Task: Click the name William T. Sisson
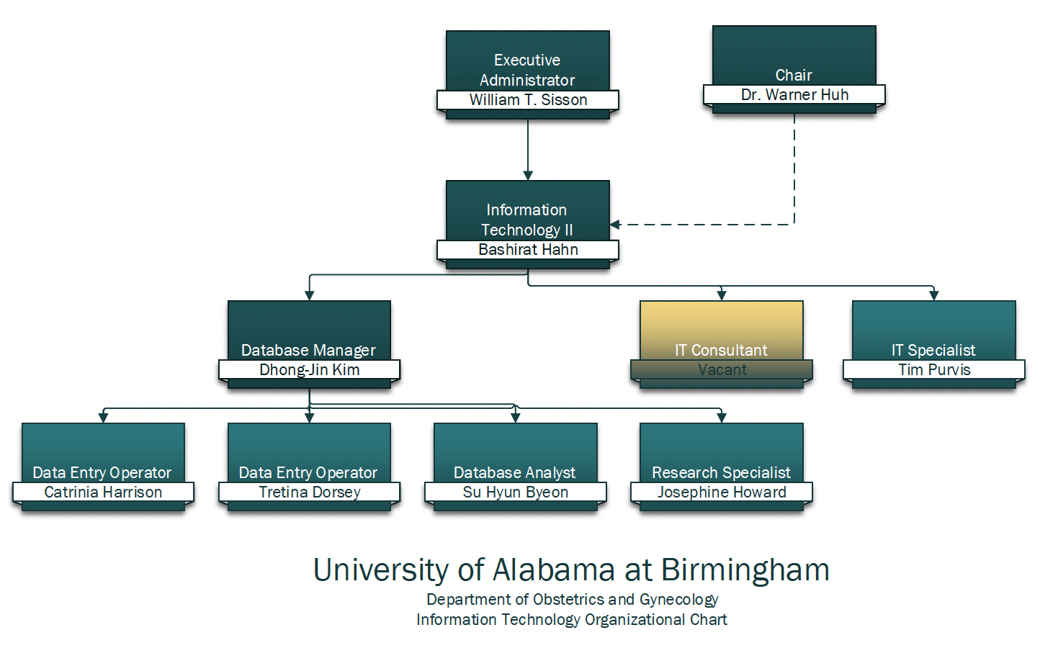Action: click(x=528, y=100)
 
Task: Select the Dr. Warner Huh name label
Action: click(x=794, y=95)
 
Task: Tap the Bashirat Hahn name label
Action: click(x=528, y=250)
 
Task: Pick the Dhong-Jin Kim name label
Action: click(x=309, y=370)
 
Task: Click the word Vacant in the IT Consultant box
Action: click(x=722, y=370)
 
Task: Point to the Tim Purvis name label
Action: click(x=934, y=370)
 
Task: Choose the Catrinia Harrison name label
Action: click(x=103, y=492)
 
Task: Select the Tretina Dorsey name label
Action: click(x=309, y=492)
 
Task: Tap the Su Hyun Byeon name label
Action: click(x=515, y=492)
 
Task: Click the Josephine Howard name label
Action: click(x=722, y=492)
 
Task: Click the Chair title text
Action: click(x=794, y=76)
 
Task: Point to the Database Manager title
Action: click(x=308, y=351)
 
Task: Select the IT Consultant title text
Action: click(x=721, y=351)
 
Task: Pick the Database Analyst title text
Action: click(x=514, y=473)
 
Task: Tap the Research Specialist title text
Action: click(x=721, y=473)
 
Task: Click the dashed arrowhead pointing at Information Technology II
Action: click(x=615, y=225)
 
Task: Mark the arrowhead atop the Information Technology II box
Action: click(x=528, y=176)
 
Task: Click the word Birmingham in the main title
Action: click(x=745, y=570)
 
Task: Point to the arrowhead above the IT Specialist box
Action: click(x=934, y=295)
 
